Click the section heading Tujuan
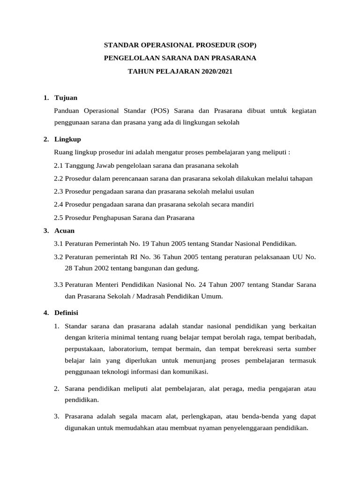pyautogui.click(x=66, y=97)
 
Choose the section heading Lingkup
pyautogui.click(x=68, y=139)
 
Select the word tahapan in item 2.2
pyautogui.click(x=300, y=179)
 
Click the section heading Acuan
pyautogui.click(x=65, y=231)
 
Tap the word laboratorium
pyautogui.click(x=130, y=349)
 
